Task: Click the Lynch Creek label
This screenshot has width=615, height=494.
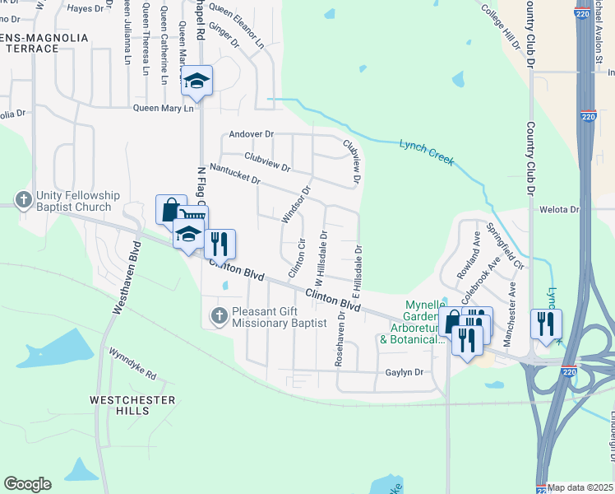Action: (427, 152)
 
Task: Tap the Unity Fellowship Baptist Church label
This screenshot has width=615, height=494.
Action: (78, 201)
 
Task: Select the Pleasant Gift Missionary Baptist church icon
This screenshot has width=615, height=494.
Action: (220, 314)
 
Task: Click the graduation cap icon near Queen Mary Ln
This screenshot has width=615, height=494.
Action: (197, 81)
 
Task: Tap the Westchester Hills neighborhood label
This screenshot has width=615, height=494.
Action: (132, 405)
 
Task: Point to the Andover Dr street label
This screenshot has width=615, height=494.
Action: (252, 133)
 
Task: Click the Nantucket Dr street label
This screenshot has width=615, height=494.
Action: (235, 173)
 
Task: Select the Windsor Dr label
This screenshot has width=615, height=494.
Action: (297, 204)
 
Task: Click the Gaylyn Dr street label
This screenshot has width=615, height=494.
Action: (404, 373)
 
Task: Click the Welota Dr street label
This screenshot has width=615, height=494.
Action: (559, 210)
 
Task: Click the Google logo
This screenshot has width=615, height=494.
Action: (27, 484)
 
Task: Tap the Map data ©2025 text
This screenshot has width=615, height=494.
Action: (580, 487)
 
